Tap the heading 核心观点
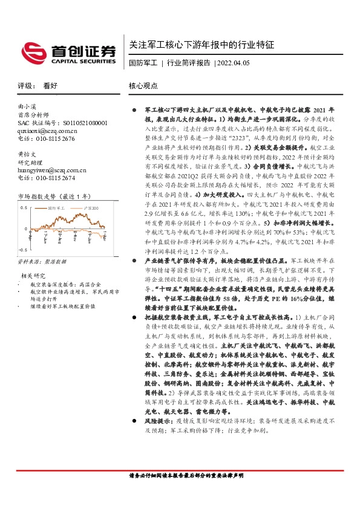pos(144,86)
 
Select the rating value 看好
pos(50,86)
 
